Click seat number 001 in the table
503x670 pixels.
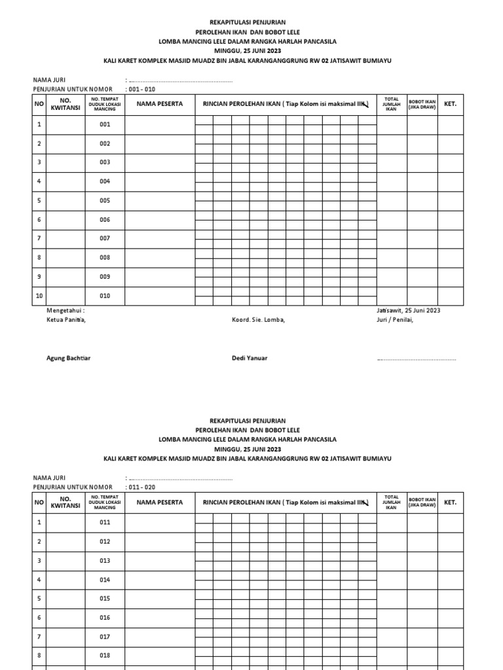point(105,124)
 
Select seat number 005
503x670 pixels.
point(105,201)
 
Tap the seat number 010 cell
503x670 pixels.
point(105,296)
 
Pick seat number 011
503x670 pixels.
point(105,522)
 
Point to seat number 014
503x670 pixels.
point(105,580)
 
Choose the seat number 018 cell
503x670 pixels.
point(105,656)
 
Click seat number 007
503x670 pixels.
point(105,239)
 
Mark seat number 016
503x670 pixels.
point(105,618)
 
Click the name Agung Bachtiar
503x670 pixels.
point(68,358)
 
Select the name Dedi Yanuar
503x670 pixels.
point(250,358)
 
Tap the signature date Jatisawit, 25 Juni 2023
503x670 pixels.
point(408,310)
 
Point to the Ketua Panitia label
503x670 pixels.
point(65,320)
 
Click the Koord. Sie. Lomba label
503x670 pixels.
point(258,320)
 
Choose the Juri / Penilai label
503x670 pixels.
point(395,320)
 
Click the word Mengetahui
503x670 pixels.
point(65,310)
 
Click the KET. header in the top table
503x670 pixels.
point(450,103)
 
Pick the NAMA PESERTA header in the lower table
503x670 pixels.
point(160,502)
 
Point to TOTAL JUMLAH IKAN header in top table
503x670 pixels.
point(391,104)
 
